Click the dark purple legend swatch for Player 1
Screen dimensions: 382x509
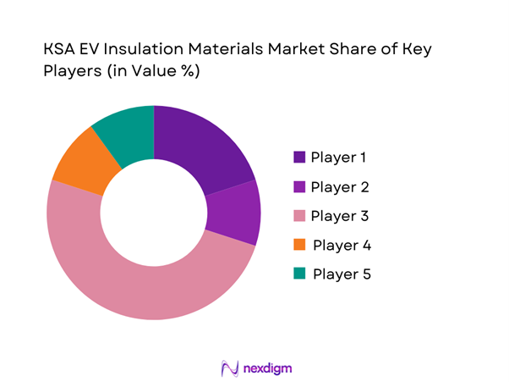(x=299, y=158)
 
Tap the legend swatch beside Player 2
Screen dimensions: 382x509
(x=299, y=186)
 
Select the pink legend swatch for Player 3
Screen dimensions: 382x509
(x=299, y=216)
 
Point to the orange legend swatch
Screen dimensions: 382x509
(x=299, y=245)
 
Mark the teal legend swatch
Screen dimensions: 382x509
(x=299, y=274)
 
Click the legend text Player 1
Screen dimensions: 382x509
(x=339, y=158)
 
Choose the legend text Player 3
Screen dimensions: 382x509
(x=340, y=216)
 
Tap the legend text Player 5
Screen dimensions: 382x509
(x=342, y=274)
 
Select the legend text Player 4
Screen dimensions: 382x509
(x=342, y=245)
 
